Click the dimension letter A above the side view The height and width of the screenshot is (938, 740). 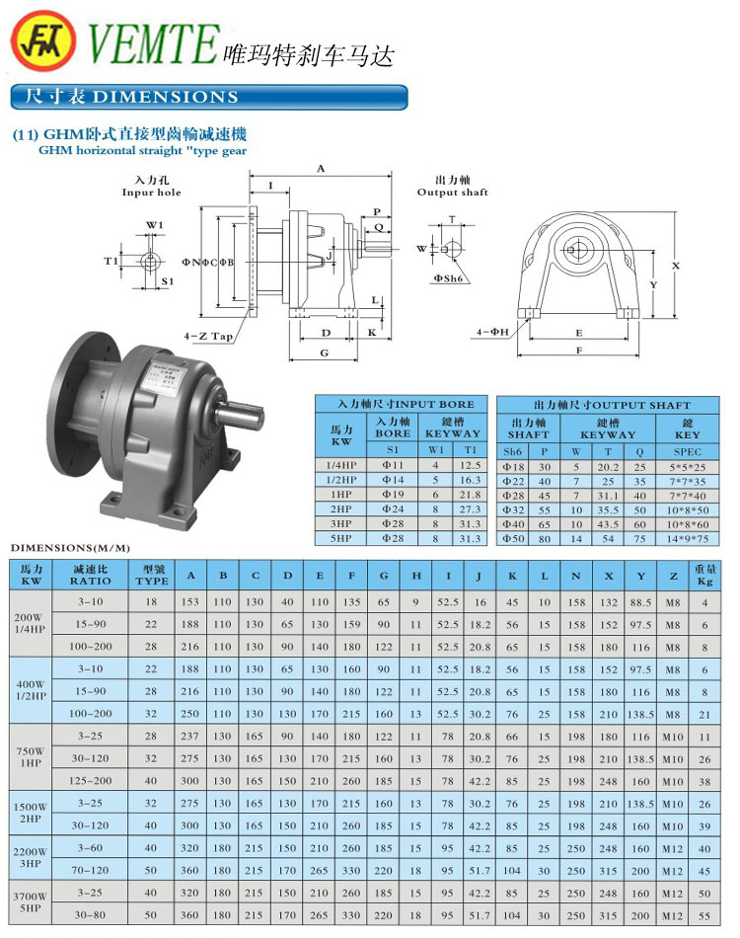pos(320,170)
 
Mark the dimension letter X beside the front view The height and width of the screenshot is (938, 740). pos(676,266)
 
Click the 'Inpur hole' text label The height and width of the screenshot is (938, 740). pos(152,193)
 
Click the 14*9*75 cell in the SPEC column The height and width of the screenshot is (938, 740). pos(687,538)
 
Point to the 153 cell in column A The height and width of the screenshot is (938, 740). pos(190,600)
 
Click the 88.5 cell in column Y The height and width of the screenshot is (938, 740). pos(640,600)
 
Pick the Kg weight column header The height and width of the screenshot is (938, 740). pos(704,575)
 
